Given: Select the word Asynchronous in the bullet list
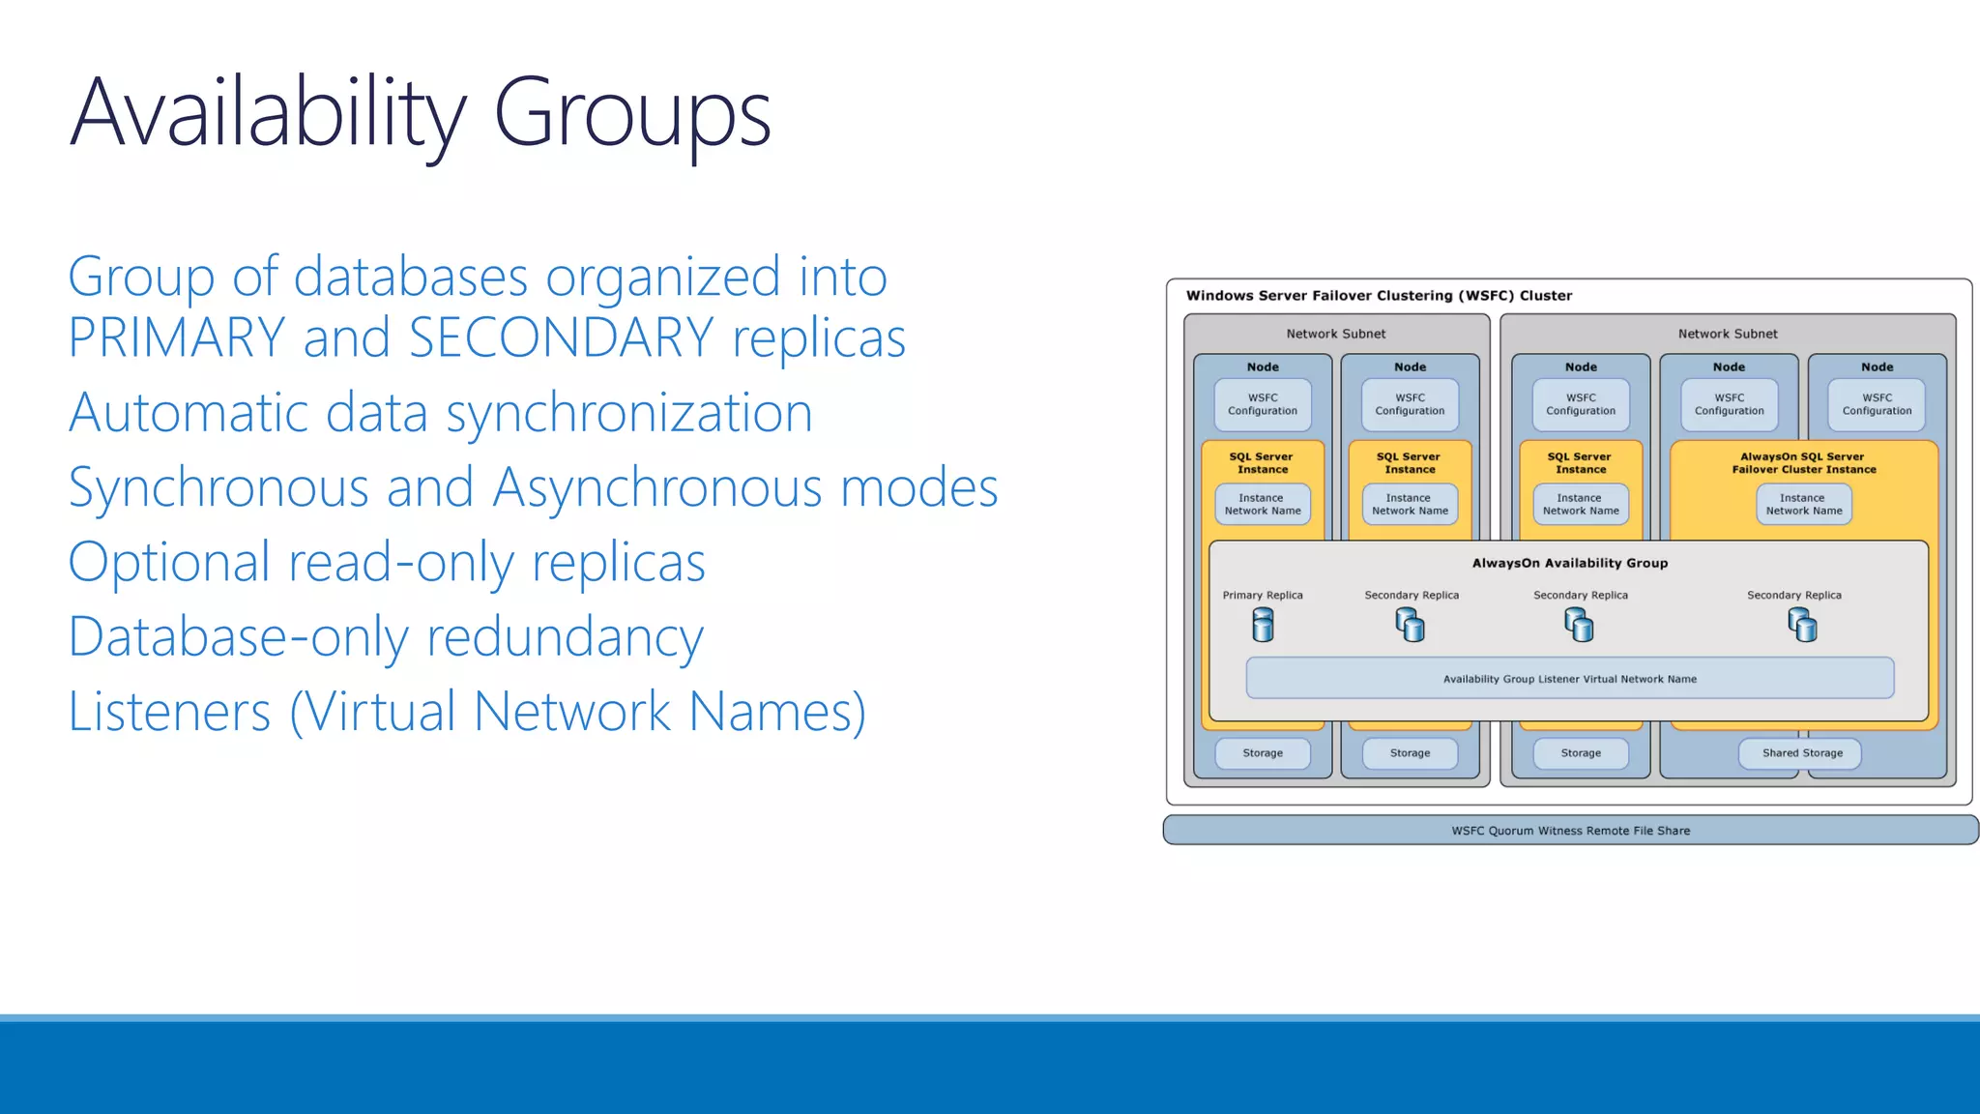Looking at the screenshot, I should tap(656, 487).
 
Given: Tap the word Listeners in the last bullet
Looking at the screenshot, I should tap(169, 712).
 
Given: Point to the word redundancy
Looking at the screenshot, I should tap(565, 638).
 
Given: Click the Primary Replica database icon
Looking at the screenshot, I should tap(1263, 626).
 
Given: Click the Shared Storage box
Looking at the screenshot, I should tap(1801, 753).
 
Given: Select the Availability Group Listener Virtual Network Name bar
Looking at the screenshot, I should tap(1569, 679).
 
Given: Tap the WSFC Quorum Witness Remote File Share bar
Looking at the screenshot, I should tap(1570, 831).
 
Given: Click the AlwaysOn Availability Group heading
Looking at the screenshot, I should tap(1569, 563).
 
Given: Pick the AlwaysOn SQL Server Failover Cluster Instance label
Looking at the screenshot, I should tap(1803, 463).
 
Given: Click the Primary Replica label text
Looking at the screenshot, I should tap(1262, 596).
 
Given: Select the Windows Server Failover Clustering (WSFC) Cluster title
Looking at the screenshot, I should tap(1379, 296).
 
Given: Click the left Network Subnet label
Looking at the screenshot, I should tap(1335, 334).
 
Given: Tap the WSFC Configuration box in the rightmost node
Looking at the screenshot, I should tap(1876, 404).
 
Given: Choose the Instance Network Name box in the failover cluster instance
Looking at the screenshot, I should tap(1803, 505).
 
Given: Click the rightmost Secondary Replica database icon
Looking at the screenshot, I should tap(1802, 627).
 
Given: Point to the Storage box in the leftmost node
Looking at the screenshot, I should tap(1262, 753).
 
